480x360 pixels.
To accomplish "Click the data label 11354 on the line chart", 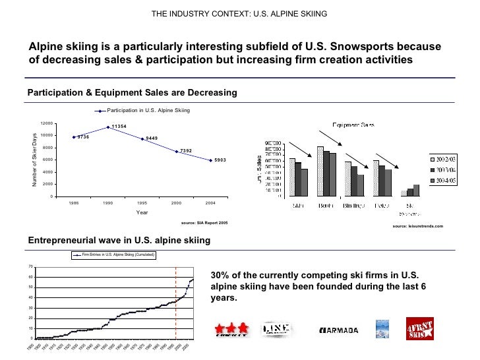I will click(x=119, y=126).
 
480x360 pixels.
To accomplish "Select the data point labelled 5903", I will click(x=210, y=160).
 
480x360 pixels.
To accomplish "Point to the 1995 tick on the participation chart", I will click(x=142, y=203).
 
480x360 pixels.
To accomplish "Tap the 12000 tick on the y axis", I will click(x=47, y=123).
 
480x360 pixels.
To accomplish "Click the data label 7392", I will click(x=186, y=151).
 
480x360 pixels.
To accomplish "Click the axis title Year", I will click(x=142, y=212).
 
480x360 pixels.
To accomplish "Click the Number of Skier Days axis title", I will click(x=35, y=160).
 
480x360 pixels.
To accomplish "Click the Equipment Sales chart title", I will click(x=353, y=125).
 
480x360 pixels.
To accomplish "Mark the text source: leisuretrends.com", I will click(x=418, y=226).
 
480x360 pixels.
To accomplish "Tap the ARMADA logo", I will click(x=338, y=330).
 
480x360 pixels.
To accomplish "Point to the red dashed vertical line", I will click(x=175, y=303).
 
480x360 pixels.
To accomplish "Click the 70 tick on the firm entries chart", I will click(x=31, y=266).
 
